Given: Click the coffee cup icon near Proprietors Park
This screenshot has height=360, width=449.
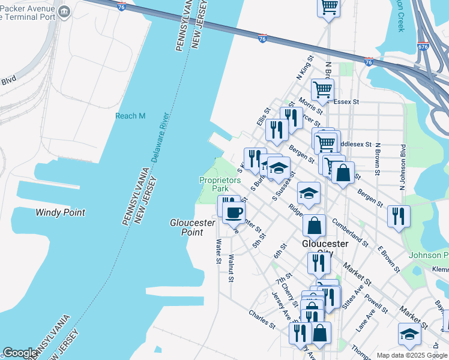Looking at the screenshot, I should [234, 211].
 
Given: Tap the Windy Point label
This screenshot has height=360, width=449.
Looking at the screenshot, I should [60, 212].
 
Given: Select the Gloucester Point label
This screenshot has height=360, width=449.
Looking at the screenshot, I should [193, 227].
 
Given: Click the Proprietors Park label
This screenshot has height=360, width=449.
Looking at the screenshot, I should [220, 184].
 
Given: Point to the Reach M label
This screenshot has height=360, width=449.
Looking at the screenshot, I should [130, 116].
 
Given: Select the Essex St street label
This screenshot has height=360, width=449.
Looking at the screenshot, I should [346, 102].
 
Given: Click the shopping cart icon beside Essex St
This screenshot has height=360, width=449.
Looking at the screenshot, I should [323, 89].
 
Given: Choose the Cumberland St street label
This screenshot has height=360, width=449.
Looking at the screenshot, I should [349, 233].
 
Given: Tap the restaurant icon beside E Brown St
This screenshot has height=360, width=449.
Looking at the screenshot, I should [399, 215].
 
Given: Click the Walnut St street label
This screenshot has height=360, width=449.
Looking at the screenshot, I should [231, 268].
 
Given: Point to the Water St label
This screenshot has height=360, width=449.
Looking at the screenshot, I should [218, 251].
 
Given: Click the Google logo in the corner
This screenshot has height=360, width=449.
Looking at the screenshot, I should [20, 353].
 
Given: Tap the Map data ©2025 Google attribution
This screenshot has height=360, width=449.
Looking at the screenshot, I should [411, 355].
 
